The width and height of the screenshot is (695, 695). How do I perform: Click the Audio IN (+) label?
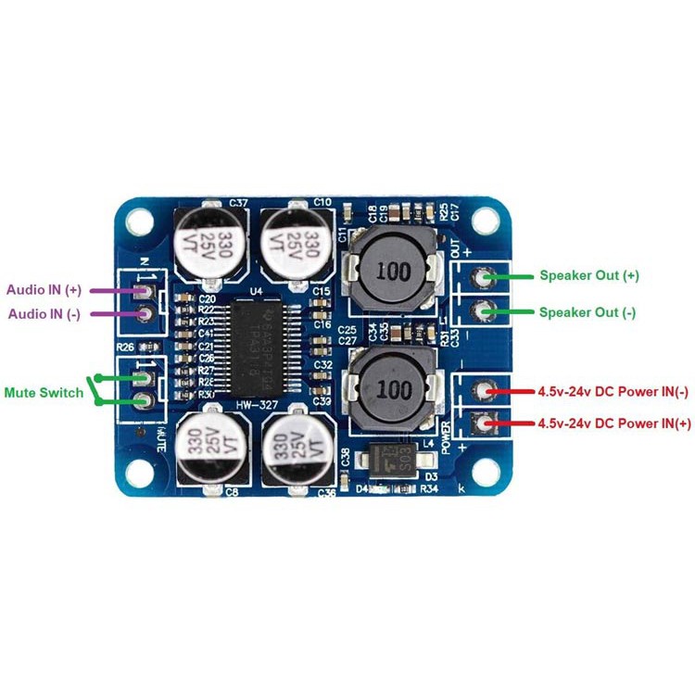(45, 290)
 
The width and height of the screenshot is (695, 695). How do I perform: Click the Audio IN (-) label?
(44, 314)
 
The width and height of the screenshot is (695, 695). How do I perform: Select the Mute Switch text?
(43, 393)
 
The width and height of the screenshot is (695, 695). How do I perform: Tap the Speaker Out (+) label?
(588, 276)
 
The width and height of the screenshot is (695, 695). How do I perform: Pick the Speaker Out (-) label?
(587, 312)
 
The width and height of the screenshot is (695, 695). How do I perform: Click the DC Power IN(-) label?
(613, 391)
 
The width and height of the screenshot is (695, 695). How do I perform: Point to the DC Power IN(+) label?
(613, 423)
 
